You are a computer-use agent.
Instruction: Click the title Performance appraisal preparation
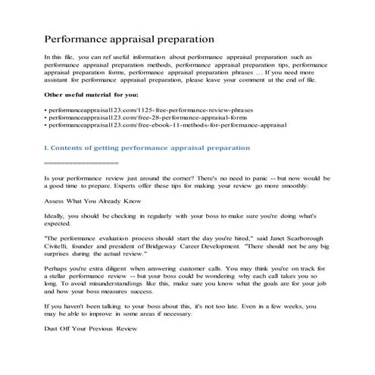click(129, 37)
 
